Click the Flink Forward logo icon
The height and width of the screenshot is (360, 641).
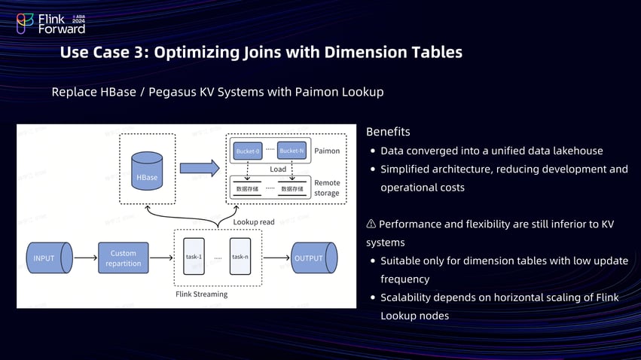[x=26, y=24]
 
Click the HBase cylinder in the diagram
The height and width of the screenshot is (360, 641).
[x=147, y=170]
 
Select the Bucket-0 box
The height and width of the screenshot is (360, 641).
[x=248, y=151]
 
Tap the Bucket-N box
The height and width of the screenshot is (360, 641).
[x=292, y=151]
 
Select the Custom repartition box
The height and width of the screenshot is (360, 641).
[x=124, y=258]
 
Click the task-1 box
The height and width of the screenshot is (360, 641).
[x=194, y=257]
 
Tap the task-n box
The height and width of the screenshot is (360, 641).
[x=240, y=257]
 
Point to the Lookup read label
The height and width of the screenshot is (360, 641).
[x=253, y=222]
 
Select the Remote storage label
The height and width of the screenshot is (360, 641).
[x=326, y=188]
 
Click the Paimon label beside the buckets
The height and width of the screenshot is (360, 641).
[x=326, y=151]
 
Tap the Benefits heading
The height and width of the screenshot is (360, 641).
[x=388, y=132]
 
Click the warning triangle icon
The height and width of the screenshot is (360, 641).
[x=371, y=224]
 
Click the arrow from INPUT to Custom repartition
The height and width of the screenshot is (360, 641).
[x=84, y=258]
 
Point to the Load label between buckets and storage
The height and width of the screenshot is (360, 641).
[x=278, y=169]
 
